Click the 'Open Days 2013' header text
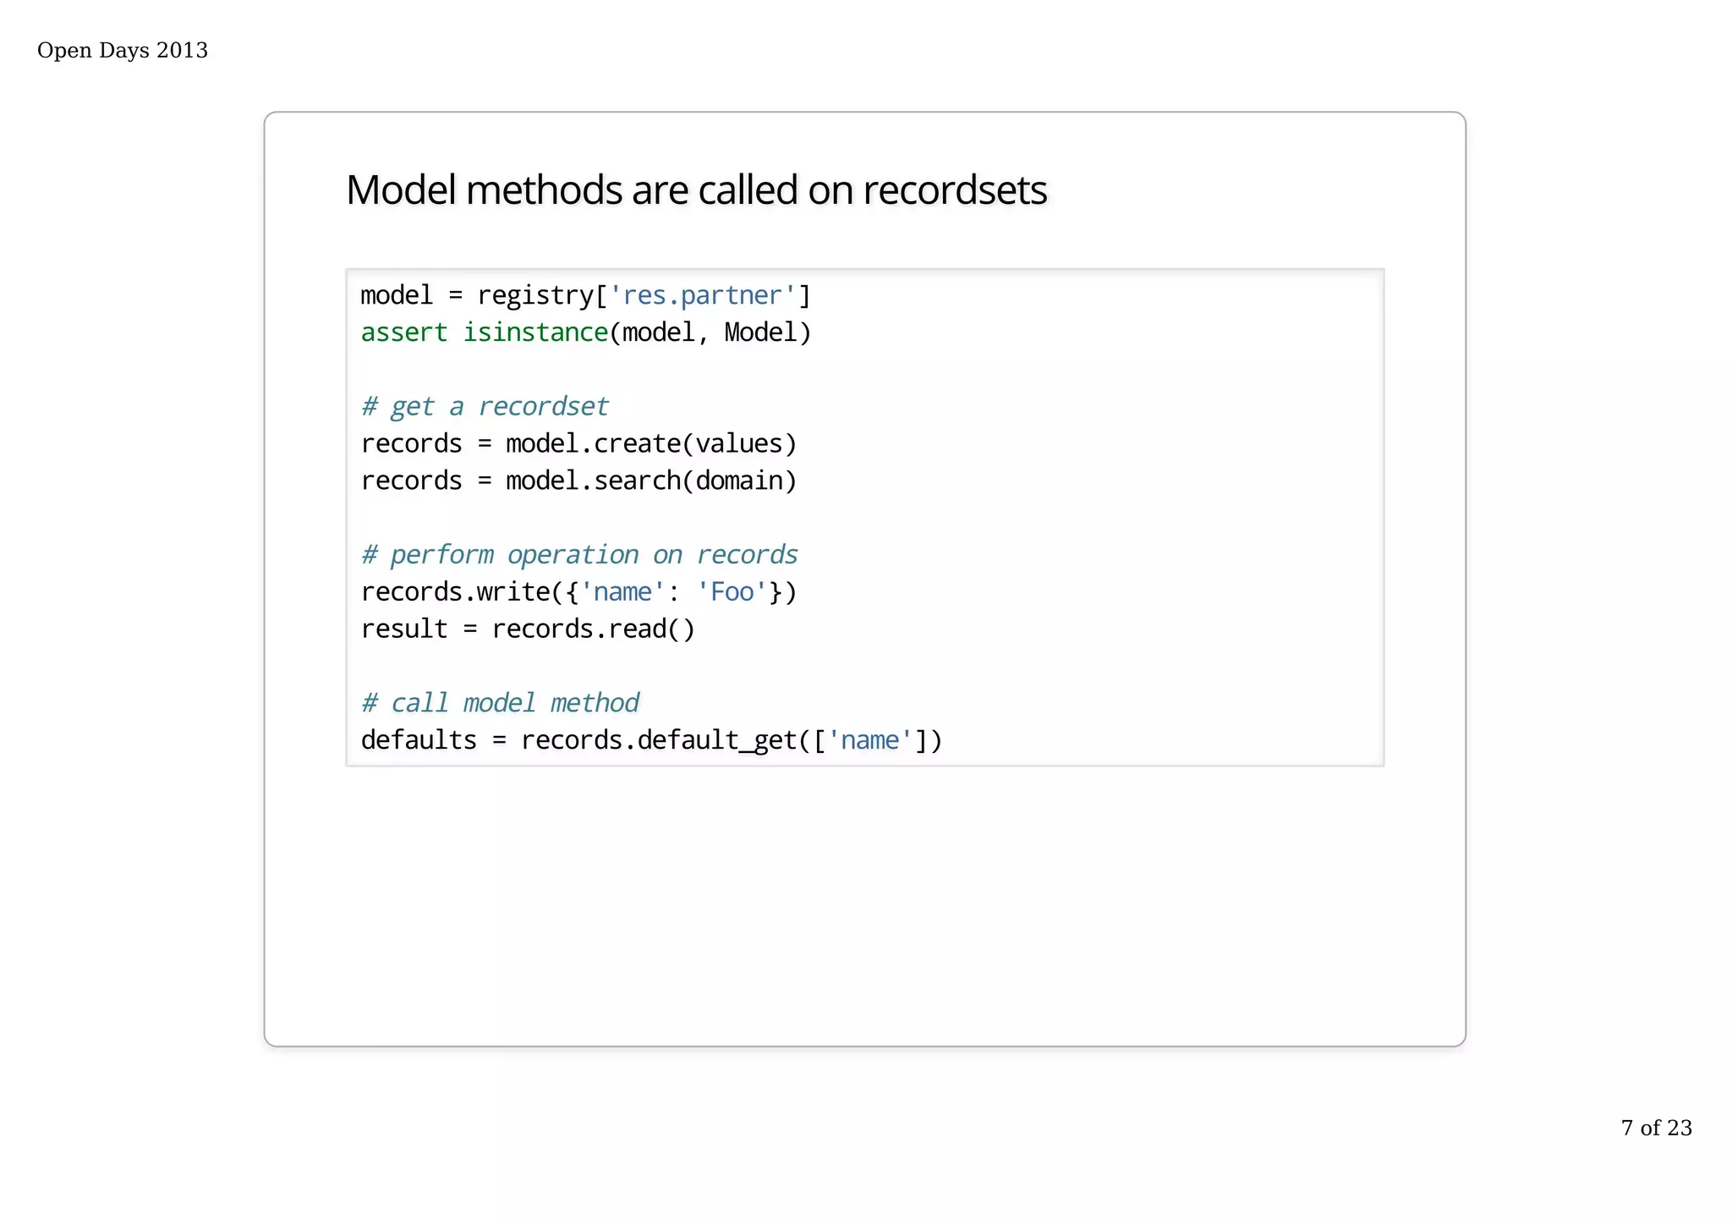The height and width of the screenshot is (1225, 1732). (x=123, y=51)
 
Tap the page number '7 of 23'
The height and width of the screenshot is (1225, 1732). (x=1656, y=1128)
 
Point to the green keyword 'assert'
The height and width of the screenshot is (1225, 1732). (x=403, y=333)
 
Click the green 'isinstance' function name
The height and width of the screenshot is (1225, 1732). (x=535, y=333)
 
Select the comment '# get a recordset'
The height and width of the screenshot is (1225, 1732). (x=485, y=407)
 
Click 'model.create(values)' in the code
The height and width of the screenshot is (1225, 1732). (x=651, y=444)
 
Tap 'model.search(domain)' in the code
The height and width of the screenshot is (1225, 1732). (x=651, y=481)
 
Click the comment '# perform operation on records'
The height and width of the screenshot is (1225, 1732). (x=579, y=555)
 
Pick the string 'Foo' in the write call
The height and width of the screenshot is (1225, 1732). (x=732, y=592)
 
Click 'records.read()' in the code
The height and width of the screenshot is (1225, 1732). (x=593, y=629)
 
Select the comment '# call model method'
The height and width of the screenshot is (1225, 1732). (x=500, y=703)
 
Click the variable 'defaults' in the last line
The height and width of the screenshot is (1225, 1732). (x=419, y=740)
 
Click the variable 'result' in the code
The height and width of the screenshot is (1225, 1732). (x=403, y=629)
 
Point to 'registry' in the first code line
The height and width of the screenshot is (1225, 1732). (x=535, y=296)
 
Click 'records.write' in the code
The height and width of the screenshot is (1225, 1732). (x=456, y=592)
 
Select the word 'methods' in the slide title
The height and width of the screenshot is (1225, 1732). (x=544, y=190)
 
